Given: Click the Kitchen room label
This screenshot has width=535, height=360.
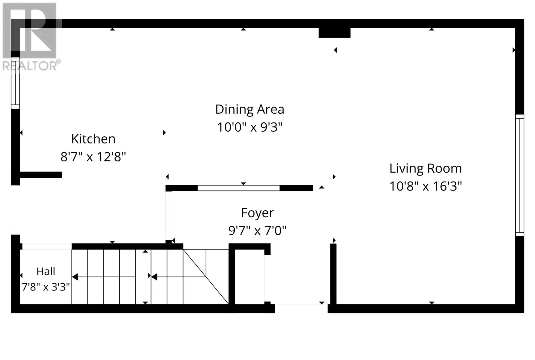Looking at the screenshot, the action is (93, 139).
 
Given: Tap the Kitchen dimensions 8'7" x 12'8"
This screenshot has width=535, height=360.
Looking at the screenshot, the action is (93, 157).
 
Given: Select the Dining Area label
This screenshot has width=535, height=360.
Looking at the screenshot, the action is (250, 109).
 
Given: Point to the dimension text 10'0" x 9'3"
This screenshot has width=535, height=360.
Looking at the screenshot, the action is (250, 127).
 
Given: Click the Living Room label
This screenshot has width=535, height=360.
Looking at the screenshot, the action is (426, 168).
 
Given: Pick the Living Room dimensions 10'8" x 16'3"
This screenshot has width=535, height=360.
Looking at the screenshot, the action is (426, 186).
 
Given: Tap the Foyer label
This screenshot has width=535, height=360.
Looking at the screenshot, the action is (257, 213).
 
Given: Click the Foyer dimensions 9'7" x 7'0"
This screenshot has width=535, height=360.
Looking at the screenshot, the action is (257, 231).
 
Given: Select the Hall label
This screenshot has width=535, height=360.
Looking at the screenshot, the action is (46, 271).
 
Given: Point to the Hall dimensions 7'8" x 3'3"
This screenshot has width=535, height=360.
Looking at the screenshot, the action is (45, 287).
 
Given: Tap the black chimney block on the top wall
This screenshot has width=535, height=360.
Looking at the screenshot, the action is (334, 33).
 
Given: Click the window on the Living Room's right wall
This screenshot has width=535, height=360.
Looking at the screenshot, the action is (520, 175).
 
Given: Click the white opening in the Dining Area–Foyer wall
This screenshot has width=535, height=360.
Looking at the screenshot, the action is (239, 188).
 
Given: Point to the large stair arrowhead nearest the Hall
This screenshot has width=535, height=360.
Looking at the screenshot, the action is (75, 277).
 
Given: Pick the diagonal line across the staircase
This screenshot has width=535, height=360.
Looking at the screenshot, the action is (206, 276).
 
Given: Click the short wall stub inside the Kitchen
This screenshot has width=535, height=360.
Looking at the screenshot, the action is (41, 175).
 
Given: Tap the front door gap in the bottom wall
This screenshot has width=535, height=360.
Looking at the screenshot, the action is (301, 309).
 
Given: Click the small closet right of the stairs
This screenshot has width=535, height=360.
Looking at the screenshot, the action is (249, 277).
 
